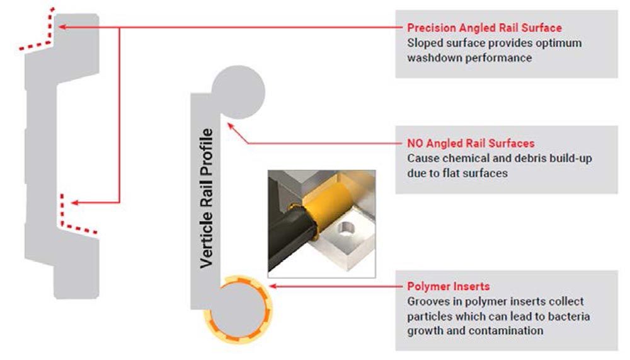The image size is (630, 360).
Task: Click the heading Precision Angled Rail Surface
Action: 484,28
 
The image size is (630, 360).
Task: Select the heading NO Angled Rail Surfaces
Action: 471,143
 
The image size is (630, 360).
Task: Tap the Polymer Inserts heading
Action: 449,286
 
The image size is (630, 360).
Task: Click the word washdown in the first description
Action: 432,57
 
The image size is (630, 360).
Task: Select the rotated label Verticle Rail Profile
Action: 206,199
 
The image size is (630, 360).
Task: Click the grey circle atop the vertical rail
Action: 238,92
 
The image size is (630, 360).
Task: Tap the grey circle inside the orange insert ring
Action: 239,310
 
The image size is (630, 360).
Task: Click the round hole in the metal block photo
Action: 345,229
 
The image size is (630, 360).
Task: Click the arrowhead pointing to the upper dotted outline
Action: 62,27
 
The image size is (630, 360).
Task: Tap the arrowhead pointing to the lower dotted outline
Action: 74,203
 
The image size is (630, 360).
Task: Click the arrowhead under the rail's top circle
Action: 231,126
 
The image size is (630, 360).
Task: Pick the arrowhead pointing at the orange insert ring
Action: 272,286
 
